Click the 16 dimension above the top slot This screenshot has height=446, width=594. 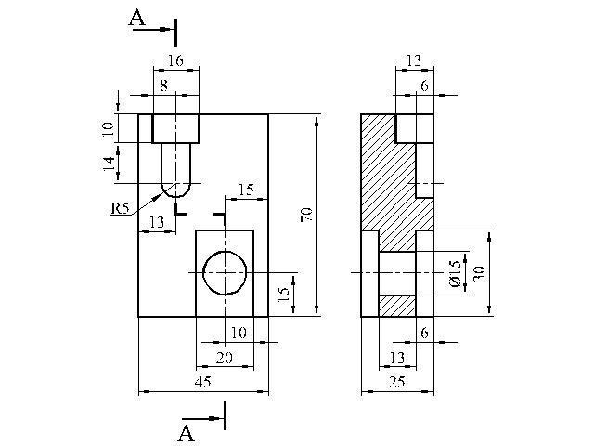(175, 60)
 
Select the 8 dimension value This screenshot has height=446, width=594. (163, 85)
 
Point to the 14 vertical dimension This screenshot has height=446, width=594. (110, 164)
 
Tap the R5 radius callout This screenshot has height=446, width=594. (121, 208)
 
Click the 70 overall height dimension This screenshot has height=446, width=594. (306, 215)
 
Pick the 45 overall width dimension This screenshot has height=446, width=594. (203, 382)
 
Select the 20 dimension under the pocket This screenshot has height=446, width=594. (225, 358)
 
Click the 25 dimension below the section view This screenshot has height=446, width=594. (397, 382)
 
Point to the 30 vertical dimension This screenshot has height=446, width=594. (480, 273)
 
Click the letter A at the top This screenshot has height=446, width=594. (136, 18)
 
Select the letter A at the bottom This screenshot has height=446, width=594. (186, 434)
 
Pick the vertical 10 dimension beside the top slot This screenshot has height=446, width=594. (109, 129)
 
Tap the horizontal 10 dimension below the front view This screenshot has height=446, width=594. (239, 333)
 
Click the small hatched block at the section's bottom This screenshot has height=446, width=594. (397, 306)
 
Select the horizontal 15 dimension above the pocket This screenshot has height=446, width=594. (246, 190)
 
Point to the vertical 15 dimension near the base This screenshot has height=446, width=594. (284, 294)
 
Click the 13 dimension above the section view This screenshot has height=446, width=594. (414, 60)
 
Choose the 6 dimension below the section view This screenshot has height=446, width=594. (424, 333)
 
